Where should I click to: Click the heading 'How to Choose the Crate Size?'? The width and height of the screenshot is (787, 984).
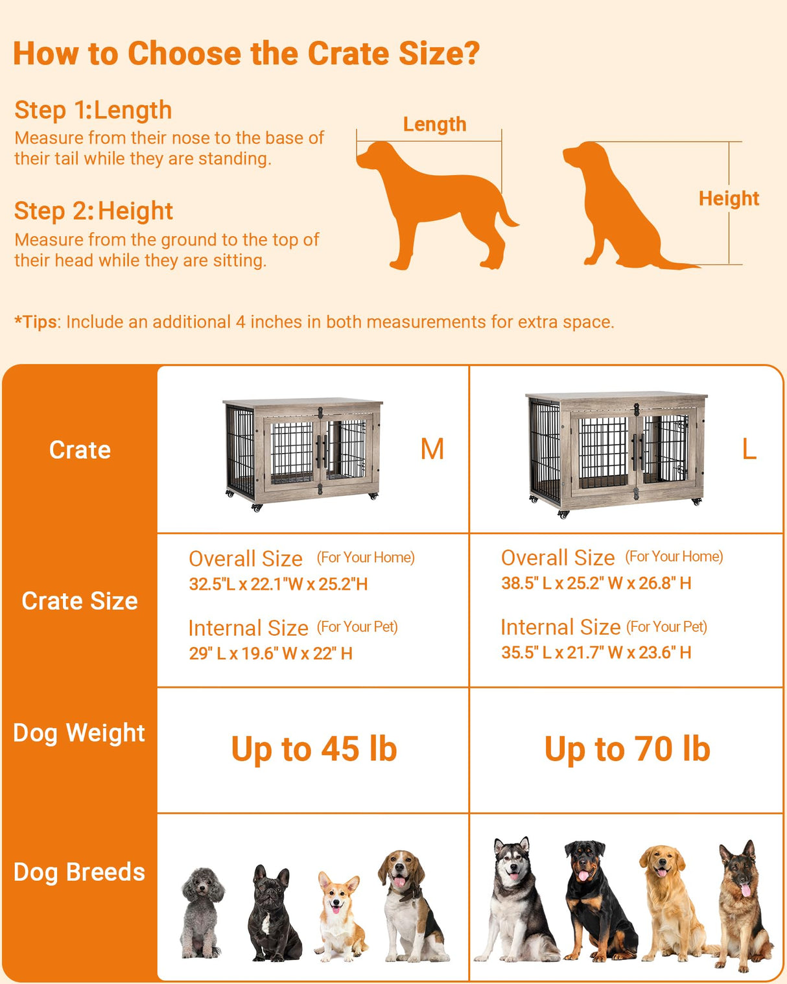pyautogui.click(x=246, y=53)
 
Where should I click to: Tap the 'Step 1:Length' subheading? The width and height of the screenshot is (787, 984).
pyautogui.click(x=93, y=110)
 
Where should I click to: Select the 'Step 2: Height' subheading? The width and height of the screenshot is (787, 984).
pyautogui.click(x=93, y=211)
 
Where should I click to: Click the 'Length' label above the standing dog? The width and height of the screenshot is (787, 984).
pyautogui.click(x=434, y=124)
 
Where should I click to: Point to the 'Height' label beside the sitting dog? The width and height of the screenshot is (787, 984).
pyautogui.click(x=729, y=198)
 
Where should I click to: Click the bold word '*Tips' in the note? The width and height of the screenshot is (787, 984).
pyautogui.click(x=36, y=322)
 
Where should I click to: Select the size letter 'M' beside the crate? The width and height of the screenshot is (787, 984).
pyautogui.click(x=432, y=449)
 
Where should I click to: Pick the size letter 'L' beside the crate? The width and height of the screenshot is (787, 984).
pyautogui.click(x=749, y=449)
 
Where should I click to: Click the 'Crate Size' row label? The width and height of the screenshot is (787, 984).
pyautogui.click(x=79, y=601)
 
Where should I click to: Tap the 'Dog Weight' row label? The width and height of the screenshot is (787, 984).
pyautogui.click(x=79, y=733)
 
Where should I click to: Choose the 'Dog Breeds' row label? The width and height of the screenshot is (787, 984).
pyautogui.click(x=79, y=873)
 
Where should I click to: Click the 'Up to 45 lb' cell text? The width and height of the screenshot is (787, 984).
pyautogui.click(x=314, y=749)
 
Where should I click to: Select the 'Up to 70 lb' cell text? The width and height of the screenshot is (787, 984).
pyautogui.click(x=627, y=749)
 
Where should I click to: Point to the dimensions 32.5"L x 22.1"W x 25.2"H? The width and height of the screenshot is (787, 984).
pyautogui.click(x=278, y=584)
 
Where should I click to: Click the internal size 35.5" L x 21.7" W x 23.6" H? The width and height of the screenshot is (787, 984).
pyautogui.click(x=596, y=652)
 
